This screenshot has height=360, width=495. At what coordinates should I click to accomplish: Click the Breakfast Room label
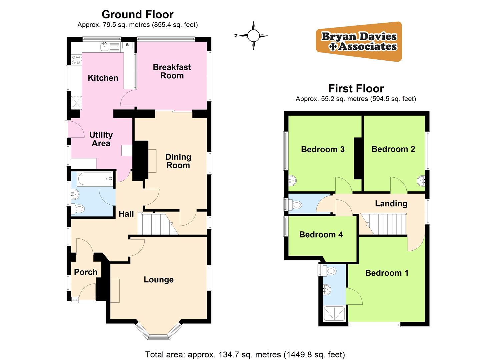click(x=172, y=71)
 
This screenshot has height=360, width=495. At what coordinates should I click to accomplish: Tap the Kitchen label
click(x=103, y=78)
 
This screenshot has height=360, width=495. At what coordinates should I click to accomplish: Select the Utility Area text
click(x=101, y=139)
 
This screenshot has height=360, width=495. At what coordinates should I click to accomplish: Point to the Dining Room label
click(x=178, y=161)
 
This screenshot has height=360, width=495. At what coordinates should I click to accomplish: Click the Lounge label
click(x=159, y=280)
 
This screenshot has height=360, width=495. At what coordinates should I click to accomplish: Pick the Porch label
click(x=86, y=272)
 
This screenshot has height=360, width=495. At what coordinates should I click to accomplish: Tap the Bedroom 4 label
click(x=321, y=235)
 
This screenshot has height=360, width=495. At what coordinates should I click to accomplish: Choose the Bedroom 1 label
click(x=387, y=273)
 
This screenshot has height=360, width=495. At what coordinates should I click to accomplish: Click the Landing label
click(x=391, y=203)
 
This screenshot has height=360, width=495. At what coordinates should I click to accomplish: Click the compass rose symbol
click(x=253, y=35)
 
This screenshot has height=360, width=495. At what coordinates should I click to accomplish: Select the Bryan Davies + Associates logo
click(x=359, y=41)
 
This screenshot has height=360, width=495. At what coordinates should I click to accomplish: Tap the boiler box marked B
click(x=128, y=45)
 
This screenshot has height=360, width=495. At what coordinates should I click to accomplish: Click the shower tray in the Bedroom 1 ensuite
click(x=335, y=313)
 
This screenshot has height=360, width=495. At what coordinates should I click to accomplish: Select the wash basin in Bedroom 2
click(x=421, y=181)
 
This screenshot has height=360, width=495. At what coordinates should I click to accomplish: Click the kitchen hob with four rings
click(x=76, y=60)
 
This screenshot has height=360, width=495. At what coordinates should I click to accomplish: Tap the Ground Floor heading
click(x=137, y=15)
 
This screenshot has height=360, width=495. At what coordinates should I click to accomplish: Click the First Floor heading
click(x=356, y=89)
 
